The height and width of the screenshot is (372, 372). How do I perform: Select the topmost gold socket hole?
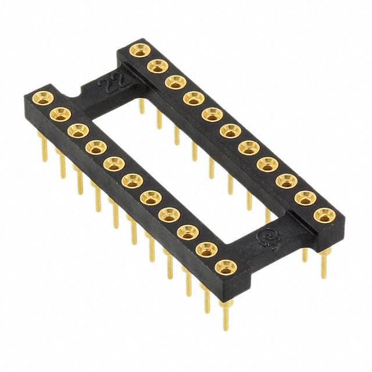138,50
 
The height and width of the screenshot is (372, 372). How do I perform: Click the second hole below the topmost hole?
175,82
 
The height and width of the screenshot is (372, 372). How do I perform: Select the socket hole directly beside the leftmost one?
60,113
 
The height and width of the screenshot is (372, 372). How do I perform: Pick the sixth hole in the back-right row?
229,131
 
